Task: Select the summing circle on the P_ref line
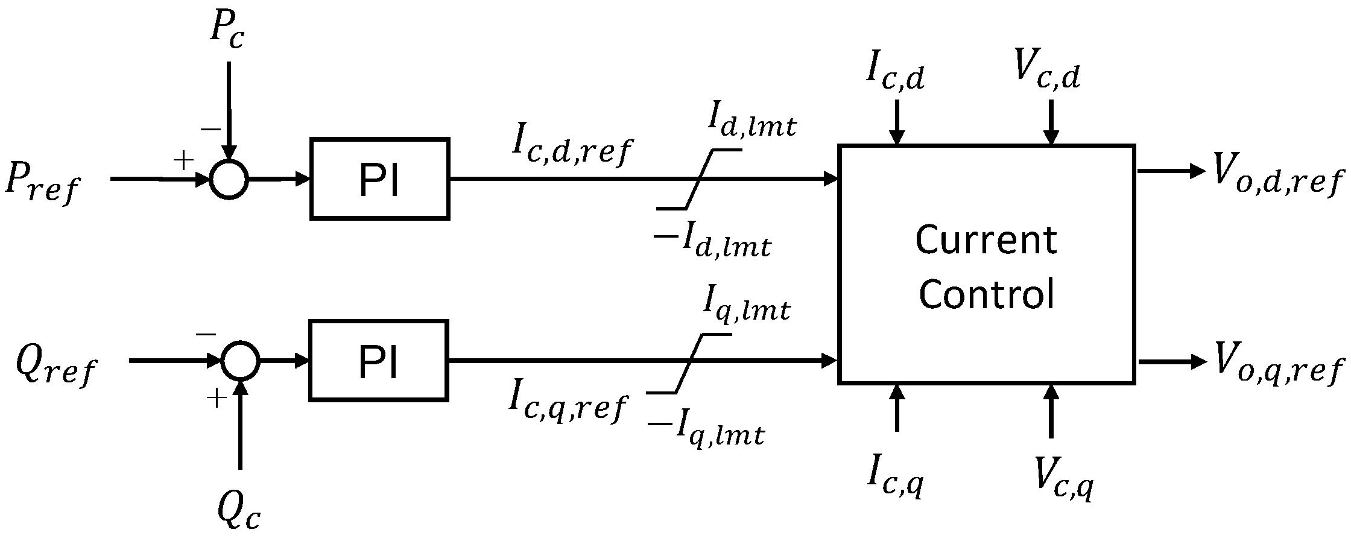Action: [229, 179]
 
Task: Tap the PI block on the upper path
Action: [379, 179]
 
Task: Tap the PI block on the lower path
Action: [378, 361]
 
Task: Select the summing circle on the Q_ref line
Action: [240, 361]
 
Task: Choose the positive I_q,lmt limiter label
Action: [746, 309]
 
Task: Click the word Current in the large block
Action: [986, 240]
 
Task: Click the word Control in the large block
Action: [986, 294]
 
